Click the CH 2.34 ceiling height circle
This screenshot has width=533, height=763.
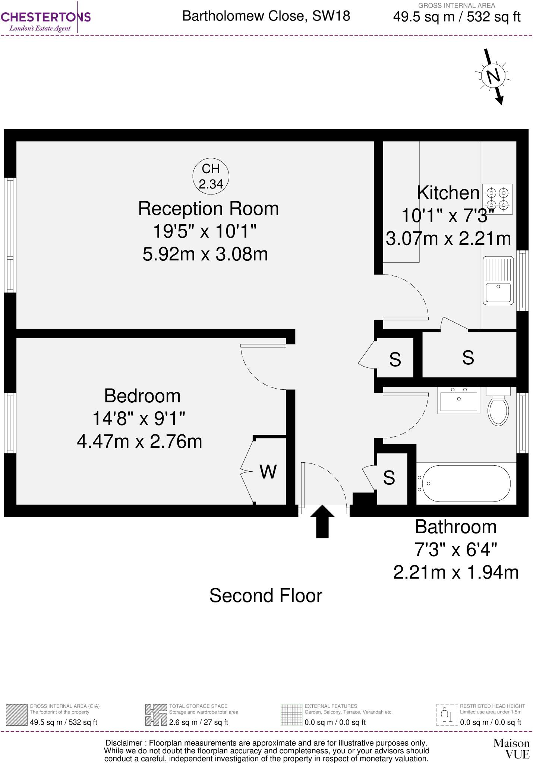[x=211, y=176]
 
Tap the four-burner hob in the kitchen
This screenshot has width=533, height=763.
[x=498, y=199]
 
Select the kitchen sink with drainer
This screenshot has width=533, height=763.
[x=498, y=281]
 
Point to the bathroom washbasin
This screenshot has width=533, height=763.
[x=458, y=401]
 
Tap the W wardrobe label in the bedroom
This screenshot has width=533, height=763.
[x=268, y=472]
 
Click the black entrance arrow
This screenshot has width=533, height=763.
[x=322, y=521]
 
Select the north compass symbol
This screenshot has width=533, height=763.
[x=494, y=76]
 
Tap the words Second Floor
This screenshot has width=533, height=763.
[x=265, y=595]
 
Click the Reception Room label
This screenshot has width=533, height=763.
[x=208, y=208]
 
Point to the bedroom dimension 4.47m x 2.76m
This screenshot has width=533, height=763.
[x=139, y=441]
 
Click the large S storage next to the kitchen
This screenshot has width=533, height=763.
[x=468, y=358]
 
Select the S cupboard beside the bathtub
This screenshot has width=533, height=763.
[x=389, y=478]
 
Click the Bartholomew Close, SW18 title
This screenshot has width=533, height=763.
[x=266, y=16]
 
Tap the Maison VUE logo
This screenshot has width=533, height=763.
[x=511, y=748]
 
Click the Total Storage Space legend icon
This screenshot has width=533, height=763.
[x=156, y=715]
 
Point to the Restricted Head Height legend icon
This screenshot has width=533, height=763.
[x=447, y=715]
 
